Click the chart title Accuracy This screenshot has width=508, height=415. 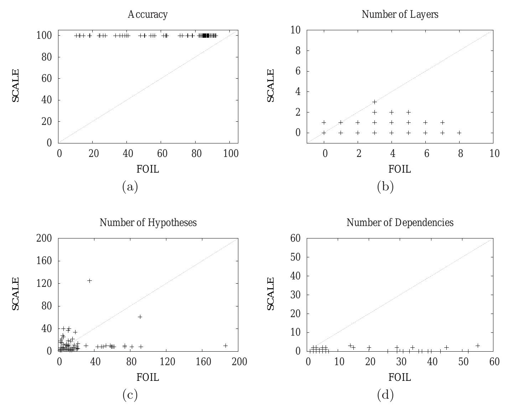click(x=147, y=15)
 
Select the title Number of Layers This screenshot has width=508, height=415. click(x=400, y=15)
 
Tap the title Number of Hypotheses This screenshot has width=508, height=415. click(x=148, y=223)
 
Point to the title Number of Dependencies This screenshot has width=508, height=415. click(x=400, y=223)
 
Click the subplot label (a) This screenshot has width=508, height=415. click(x=130, y=187)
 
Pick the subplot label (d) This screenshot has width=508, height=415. click(x=385, y=395)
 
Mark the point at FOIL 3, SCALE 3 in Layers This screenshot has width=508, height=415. click(x=374, y=102)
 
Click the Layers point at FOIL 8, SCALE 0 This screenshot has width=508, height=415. click(x=459, y=133)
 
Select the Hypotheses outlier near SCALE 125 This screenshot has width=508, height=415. click(x=89, y=281)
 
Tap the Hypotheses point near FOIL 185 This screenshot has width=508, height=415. click(x=225, y=346)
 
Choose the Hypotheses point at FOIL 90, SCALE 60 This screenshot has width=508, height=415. click(x=140, y=317)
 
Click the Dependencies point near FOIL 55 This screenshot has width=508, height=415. click(x=478, y=346)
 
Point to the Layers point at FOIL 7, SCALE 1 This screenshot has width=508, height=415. click(x=442, y=122)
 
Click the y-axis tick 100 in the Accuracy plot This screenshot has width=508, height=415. click(x=44, y=36)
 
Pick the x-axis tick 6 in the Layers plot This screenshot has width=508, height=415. click(x=425, y=154)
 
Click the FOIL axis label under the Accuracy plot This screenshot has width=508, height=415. click(x=147, y=169)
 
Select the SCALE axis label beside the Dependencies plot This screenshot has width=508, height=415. click(x=271, y=294)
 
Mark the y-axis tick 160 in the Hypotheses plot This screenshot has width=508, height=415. click(x=44, y=261)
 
